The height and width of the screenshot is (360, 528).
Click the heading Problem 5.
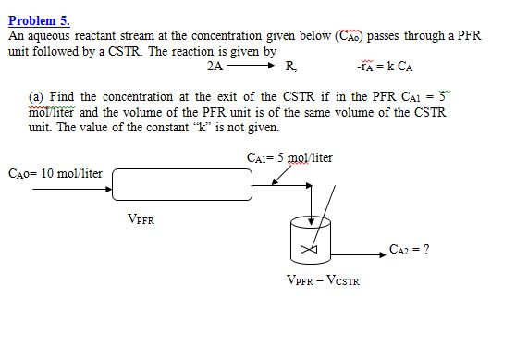pyautogui.click(x=38, y=19)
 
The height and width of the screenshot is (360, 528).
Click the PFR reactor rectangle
pyautogui.click(x=182, y=183)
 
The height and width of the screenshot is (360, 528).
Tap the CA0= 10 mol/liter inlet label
pyautogui.click(x=55, y=173)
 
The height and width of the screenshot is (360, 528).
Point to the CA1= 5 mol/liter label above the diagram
pyautogui.click(x=289, y=157)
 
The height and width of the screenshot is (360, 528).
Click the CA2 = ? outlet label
pyautogui.click(x=409, y=249)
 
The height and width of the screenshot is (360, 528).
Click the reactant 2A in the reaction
pyautogui.click(x=215, y=67)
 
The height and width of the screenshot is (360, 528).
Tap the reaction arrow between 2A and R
pyautogui.click(x=251, y=67)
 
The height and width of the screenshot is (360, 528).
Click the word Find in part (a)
pyautogui.click(x=62, y=97)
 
